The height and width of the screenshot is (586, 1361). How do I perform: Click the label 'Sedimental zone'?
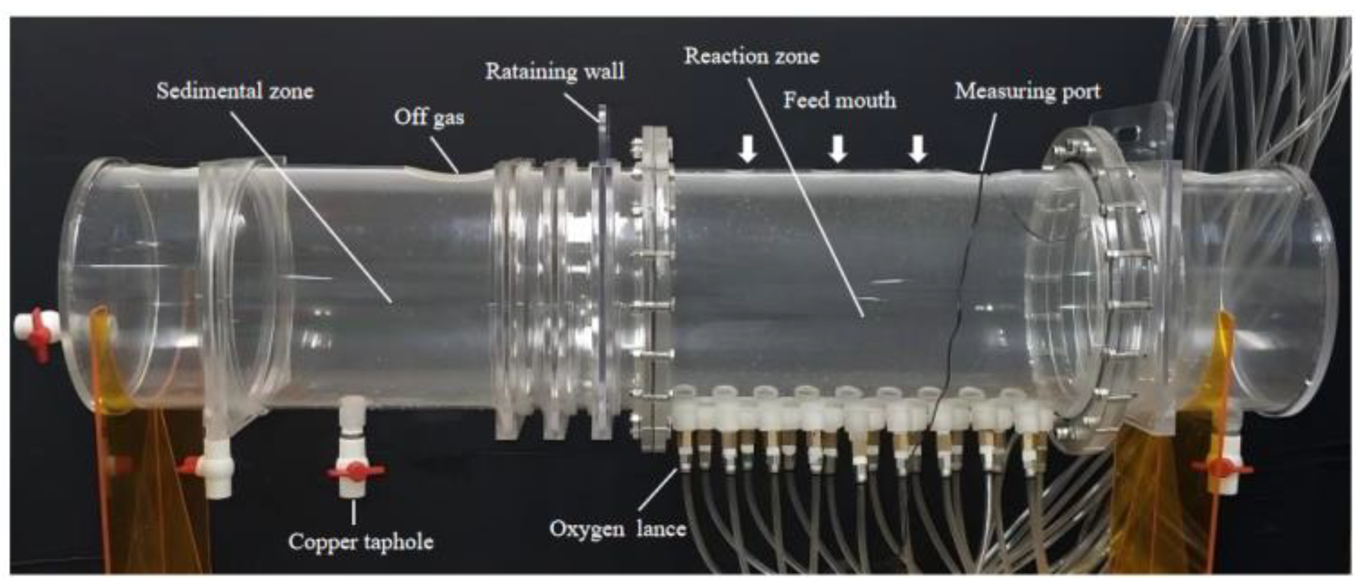[235, 91]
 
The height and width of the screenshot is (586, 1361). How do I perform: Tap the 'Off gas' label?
[429, 116]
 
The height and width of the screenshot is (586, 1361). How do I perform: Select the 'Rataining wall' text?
[554, 71]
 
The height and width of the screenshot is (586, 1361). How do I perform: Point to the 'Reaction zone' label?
[752, 56]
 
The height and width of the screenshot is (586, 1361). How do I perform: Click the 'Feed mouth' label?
[839, 100]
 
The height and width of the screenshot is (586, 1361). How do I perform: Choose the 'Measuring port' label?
[1027, 91]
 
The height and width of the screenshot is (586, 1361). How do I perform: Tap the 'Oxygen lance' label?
[617, 529]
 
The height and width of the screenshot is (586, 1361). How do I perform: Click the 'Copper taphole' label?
[360, 542]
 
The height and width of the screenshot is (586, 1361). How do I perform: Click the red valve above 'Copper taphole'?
[356, 471]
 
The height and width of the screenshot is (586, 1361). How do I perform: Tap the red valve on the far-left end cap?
[40, 333]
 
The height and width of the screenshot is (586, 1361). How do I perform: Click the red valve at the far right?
[1221, 468]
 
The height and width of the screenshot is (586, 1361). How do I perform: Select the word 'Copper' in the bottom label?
[324, 542]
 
